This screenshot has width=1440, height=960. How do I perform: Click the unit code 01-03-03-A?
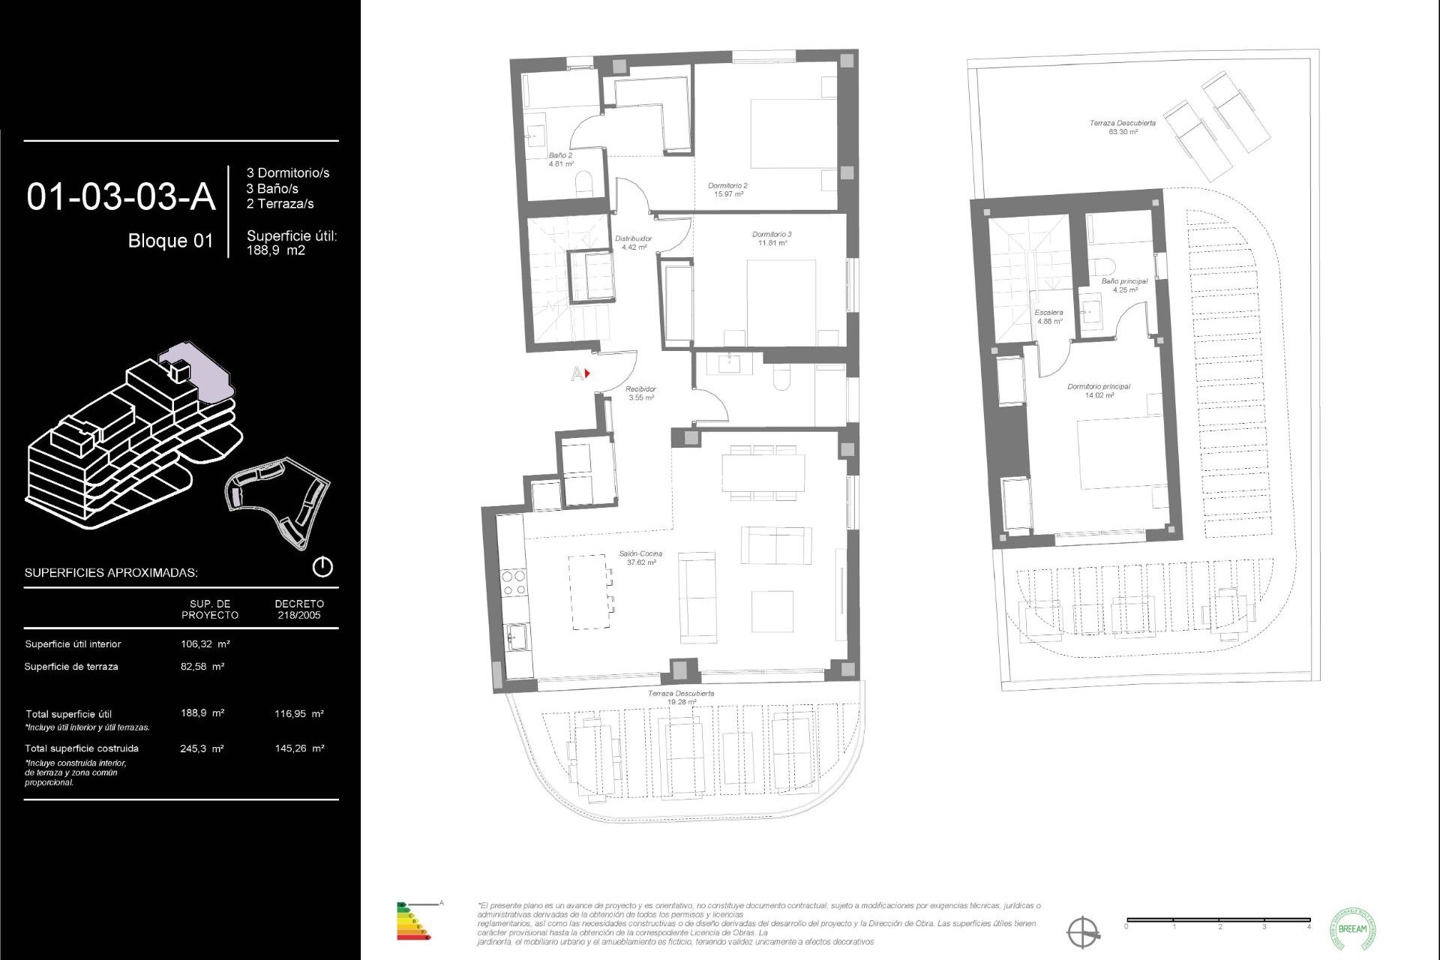tap(121, 197)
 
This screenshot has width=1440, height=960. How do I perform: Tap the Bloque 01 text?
tap(170, 241)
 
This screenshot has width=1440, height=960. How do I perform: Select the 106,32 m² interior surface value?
tap(205, 643)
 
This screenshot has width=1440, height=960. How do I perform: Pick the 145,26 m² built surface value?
tap(299, 748)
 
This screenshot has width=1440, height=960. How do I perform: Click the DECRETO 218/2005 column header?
tap(299, 609)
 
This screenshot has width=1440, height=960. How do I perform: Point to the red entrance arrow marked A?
tap(587, 373)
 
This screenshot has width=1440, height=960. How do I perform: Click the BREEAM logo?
tap(1352, 928)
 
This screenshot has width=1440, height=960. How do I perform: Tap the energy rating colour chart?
tap(413, 921)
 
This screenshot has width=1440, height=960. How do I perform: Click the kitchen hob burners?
tap(513, 583)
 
